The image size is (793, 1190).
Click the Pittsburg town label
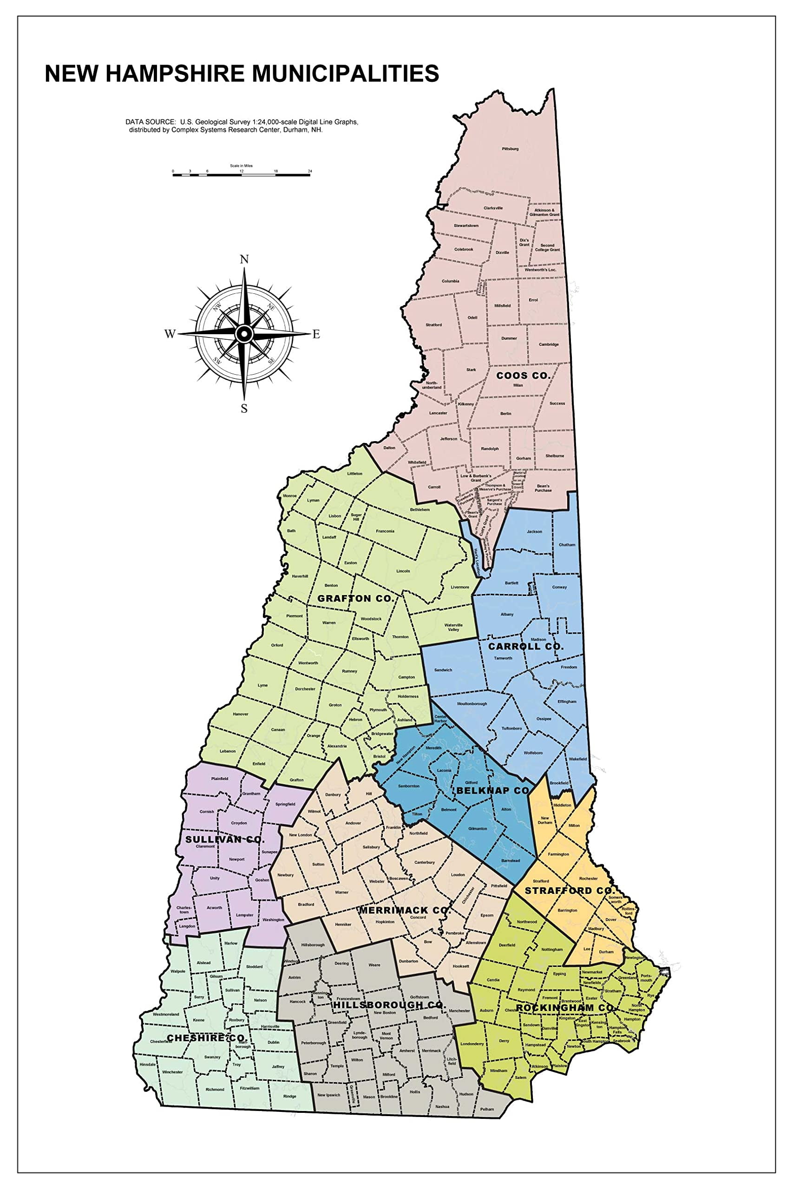point(510,149)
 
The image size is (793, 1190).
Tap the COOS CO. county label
point(523,376)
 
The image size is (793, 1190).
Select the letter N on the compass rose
point(244,260)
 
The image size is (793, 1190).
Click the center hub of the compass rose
point(244,333)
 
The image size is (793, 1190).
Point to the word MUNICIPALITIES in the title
point(346,73)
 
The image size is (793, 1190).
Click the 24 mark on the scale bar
point(310,172)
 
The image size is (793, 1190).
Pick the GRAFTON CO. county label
point(355,599)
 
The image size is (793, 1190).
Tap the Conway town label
point(559,588)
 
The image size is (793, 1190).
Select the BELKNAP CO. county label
point(494,790)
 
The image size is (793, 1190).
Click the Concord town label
point(418,917)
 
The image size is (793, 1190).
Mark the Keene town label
point(199,1020)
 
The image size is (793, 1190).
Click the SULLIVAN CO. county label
point(225,840)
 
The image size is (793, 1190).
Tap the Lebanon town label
point(228,751)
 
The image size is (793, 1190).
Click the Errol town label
point(533,300)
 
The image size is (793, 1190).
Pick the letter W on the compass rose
point(170,334)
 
